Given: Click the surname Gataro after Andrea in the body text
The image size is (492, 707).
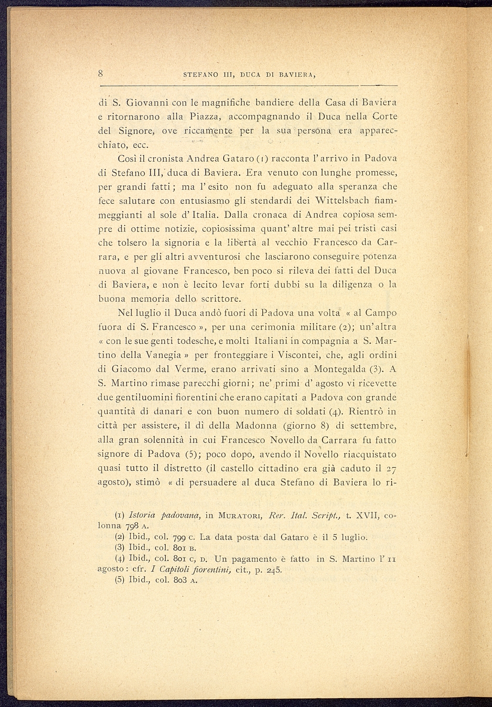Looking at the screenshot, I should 242,158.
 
